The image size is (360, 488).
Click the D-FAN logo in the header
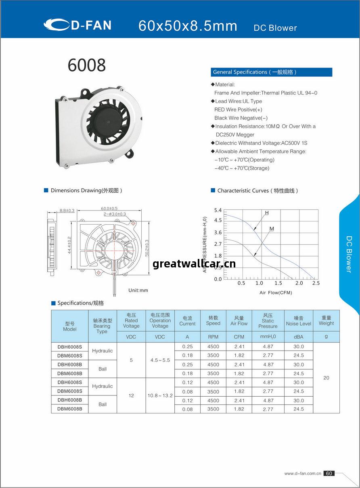click(77, 25)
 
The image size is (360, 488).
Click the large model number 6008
click(87, 65)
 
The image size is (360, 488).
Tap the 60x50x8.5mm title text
click(188, 26)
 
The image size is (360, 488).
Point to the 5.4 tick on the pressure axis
click(218, 210)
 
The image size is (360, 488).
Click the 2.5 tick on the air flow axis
click(316, 283)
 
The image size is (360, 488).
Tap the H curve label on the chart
click(267, 213)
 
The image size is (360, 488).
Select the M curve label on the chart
click(272, 229)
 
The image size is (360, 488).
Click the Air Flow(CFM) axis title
click(276, 292)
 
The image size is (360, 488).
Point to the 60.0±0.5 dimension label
click(109, 208)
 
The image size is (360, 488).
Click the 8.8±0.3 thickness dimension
click(67, 210)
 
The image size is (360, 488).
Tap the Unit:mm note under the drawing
click(138, 290)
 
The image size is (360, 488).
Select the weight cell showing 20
click(326, 378)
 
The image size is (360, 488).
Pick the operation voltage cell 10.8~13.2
click(160, 395)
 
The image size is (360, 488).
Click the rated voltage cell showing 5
click(131, 360)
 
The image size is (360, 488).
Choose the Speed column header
click(213, 321)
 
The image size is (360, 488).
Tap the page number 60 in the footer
click(329, 473)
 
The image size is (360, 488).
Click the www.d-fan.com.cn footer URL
click(303, 473)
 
